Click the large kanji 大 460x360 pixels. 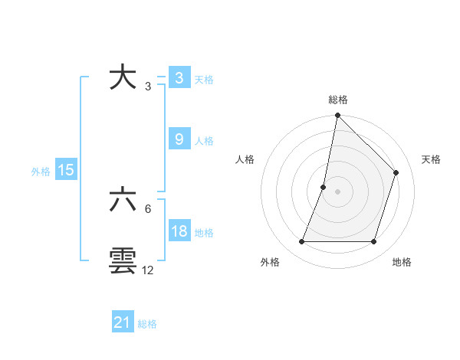[123, 78]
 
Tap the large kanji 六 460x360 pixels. [123, 201]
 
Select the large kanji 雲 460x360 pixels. [123, 261]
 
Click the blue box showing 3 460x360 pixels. [179, 78]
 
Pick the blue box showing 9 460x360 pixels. [179, 139]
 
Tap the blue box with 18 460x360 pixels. [179, 231]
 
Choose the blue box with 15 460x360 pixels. [66, 170]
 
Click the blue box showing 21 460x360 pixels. [123, 322]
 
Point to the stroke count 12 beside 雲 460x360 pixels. [148, 270]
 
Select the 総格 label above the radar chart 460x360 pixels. [338, 100]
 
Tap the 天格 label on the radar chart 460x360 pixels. [431, 159]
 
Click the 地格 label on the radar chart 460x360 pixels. [402, 263]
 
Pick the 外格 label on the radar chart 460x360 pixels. [270, 263]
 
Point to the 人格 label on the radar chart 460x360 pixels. [245, 159]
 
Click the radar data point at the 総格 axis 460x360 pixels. [337, 116]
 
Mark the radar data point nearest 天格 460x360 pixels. [396, 172]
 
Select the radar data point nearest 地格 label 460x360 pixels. [373, 242]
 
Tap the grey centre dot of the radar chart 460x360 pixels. [337, 191]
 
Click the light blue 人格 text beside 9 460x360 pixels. [204, 141]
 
